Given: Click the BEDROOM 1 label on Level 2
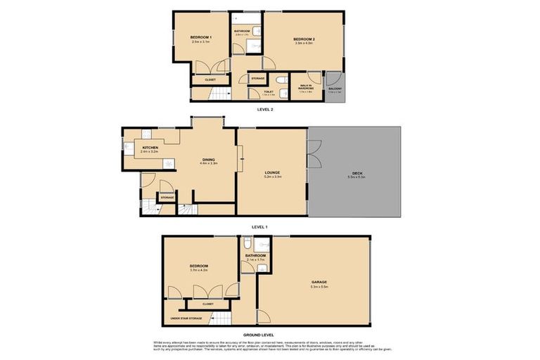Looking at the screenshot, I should (200, 37).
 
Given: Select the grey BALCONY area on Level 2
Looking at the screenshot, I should (335, 89).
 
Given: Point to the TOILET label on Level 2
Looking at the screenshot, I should (269, 91).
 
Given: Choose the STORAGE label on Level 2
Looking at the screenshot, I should (258, 78).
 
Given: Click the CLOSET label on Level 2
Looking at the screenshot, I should (210, 80).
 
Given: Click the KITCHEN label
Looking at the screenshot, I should (149, 148).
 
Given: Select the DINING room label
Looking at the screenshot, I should (209, 159).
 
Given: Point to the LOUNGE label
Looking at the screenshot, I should (272, 173).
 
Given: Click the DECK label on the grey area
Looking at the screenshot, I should (357, 173).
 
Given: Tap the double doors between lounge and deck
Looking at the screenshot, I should (310, 154).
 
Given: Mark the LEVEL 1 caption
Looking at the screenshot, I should (259, 227).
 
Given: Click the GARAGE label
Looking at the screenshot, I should (320, 282).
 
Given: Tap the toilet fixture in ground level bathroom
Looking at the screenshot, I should (246, 244).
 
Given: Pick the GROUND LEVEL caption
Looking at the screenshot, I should (259, 334).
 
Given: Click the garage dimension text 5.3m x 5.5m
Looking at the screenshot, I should (320, 287).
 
